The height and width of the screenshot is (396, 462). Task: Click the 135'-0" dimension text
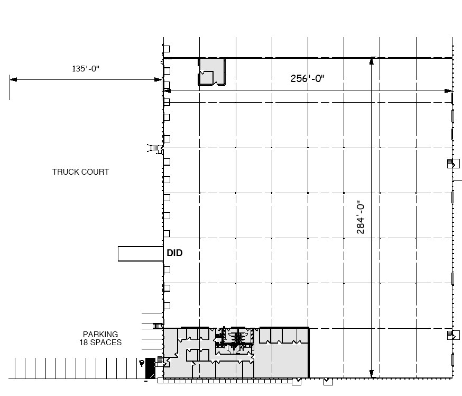86,68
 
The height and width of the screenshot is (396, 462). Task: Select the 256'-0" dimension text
307,78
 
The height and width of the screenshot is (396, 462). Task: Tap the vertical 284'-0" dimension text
361,218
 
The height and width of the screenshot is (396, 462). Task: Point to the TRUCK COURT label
80,172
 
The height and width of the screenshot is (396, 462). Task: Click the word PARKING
100,335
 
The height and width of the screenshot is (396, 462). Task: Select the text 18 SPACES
100,343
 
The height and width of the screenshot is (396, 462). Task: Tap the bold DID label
174,253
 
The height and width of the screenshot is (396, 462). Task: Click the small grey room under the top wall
212,71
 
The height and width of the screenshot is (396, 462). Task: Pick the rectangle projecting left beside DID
141,254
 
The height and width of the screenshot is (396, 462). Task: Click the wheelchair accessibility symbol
142,363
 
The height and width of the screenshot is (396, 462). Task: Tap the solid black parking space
150,368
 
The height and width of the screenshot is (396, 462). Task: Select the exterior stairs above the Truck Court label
154,148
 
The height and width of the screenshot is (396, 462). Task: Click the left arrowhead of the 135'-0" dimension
13,79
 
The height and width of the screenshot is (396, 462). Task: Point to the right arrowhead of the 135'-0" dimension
158,79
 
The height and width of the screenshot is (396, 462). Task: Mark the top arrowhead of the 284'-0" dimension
371,61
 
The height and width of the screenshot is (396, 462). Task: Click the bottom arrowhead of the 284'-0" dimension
371,374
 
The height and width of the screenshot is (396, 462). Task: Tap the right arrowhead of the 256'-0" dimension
448,91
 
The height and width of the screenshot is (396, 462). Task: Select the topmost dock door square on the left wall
167,49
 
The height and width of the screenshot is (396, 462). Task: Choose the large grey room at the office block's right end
281,361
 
